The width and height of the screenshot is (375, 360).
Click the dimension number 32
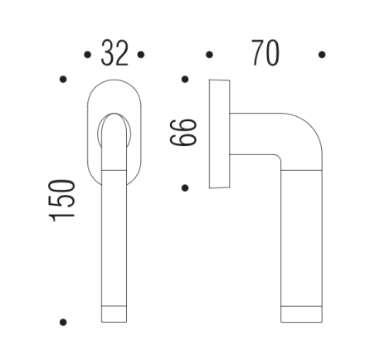[x=114, y=54]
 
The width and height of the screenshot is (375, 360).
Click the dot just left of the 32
[x=87, y=56]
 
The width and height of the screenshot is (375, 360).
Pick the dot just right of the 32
[x=142, y=56]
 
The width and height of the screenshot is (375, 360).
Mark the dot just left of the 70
[x=209, y=56]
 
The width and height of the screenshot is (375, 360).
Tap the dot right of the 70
[x=322, y=56]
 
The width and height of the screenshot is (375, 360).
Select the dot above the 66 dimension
[x=184, y=80]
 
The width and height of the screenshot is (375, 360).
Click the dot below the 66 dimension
[x=184, y=187]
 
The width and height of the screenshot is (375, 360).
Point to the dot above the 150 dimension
[x=63, y=80]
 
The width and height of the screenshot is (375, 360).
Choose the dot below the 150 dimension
[x=63, y=321]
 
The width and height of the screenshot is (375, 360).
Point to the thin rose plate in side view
[x=220, y=133]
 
